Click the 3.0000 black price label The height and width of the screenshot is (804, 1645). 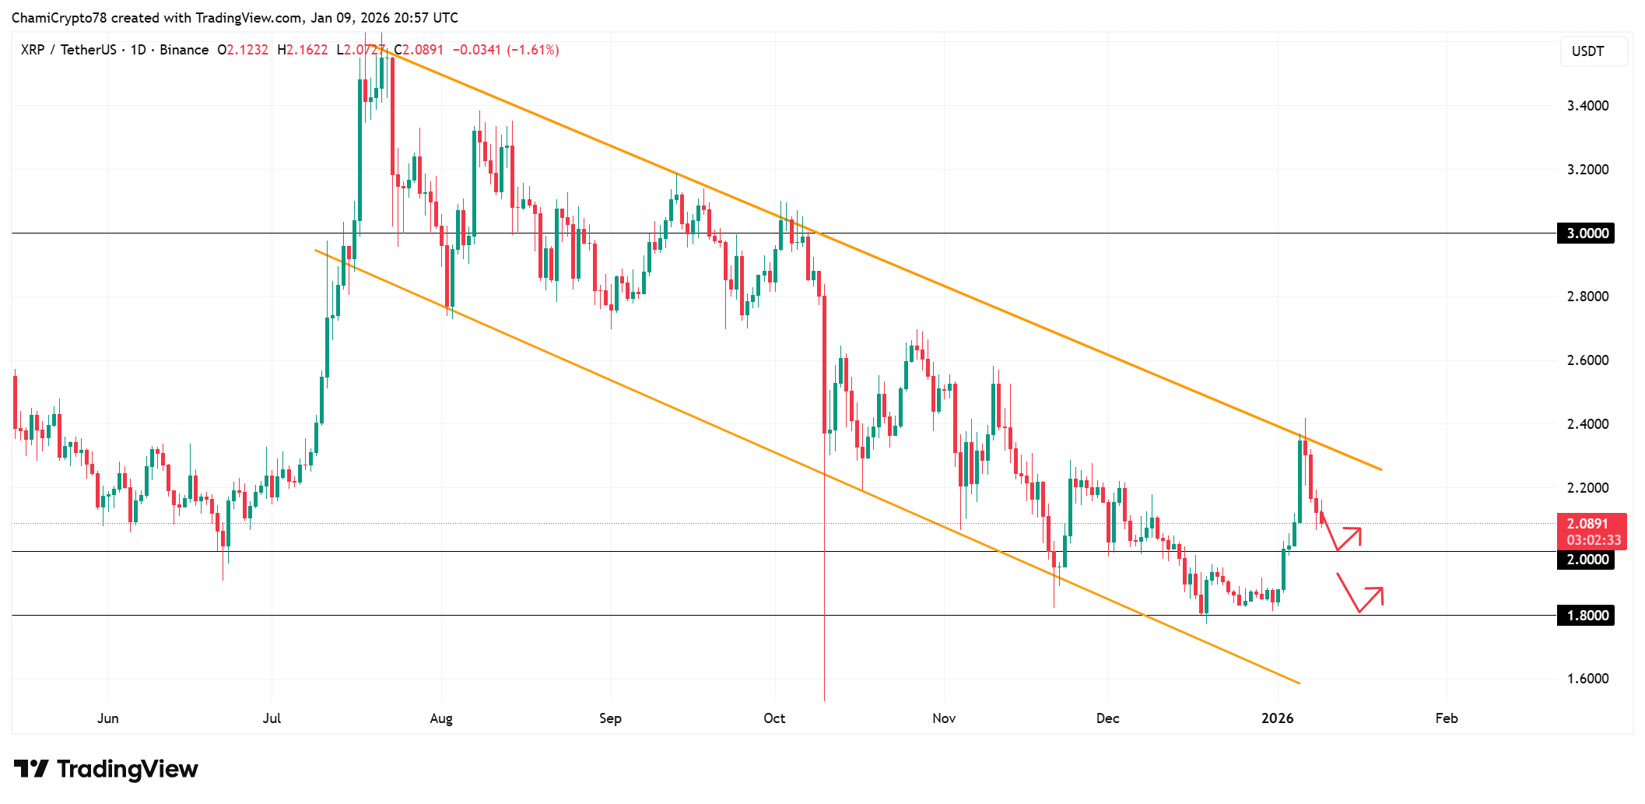tap(1585, 233)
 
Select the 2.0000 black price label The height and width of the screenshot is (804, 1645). tap(1585, 560)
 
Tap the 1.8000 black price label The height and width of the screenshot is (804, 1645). tap(1585, 616)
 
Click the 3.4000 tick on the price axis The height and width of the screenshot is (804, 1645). tap(1587, 106)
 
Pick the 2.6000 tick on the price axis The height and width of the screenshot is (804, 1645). tap(1587, 360)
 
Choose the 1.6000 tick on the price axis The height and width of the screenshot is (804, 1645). tap(1587, 679)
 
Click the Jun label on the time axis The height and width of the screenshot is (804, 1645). tap(108, 718)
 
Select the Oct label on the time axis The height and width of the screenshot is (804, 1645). tap(774, 718)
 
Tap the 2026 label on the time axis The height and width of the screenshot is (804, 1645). tap(1277, 718)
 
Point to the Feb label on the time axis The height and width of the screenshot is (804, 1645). tap(1446, 718)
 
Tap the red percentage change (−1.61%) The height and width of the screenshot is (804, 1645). tap(532, 50)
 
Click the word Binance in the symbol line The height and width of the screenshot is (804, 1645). tap(184, 50)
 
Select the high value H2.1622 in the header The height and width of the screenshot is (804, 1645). tap(303, 50)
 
